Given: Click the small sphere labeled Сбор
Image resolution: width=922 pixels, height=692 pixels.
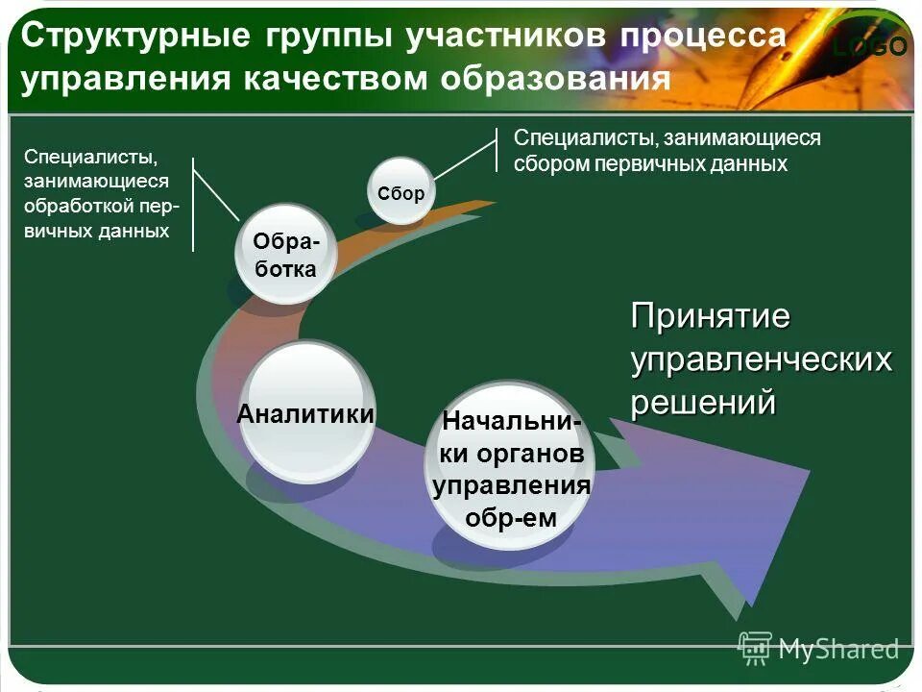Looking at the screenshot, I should [x=401, y=191].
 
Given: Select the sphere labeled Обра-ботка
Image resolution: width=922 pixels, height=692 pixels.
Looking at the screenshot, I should [x=284, y=254].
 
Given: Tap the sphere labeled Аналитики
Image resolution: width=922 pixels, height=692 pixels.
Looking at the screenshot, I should [x=305, y=413].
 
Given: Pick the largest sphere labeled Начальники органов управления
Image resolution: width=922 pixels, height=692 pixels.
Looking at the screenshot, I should [x=510, y=467].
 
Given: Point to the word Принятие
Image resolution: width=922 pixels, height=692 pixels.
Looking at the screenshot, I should [x=710, y=315].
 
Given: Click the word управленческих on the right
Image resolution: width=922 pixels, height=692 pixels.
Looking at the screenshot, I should [x=761, y=359].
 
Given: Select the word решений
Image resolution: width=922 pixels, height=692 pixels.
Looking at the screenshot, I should [x=702, y=403].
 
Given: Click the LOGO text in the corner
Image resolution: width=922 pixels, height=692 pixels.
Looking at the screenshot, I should [x=869, y=46].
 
